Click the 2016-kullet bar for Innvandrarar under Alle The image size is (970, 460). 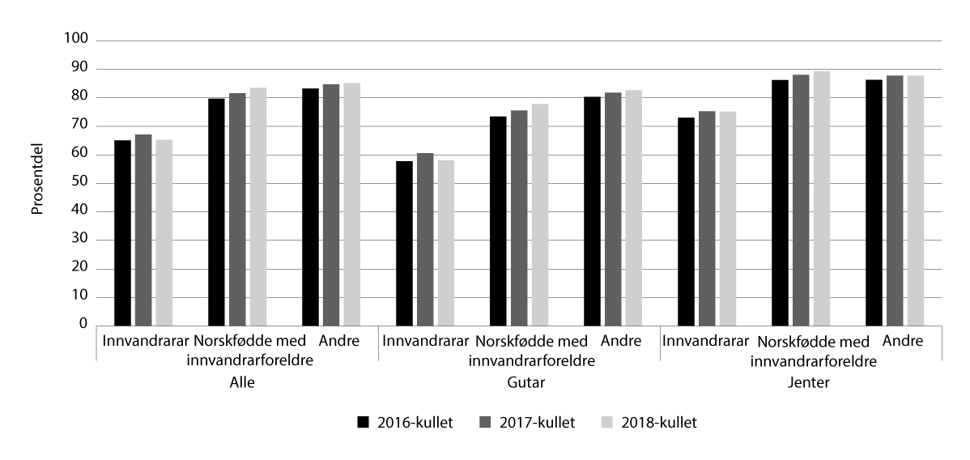[x=122, y=232]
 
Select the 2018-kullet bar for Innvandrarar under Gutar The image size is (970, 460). [x=446, y=242]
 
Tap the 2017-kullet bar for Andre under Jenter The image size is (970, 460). [x=895, y=200]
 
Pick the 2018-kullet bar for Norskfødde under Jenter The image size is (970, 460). [x=822, y=198]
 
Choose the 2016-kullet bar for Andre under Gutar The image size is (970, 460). [x=592, y=211]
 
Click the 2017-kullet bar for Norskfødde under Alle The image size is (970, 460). [x=237, y=209]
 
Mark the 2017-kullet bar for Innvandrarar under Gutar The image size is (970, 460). [x=425, y=239]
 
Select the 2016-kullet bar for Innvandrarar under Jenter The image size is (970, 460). [x=686, y=221]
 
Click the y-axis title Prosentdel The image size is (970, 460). [x=37, y=182]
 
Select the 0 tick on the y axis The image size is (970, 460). [x=83, y=325]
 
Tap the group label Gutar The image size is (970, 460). [x=520, y=382]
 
